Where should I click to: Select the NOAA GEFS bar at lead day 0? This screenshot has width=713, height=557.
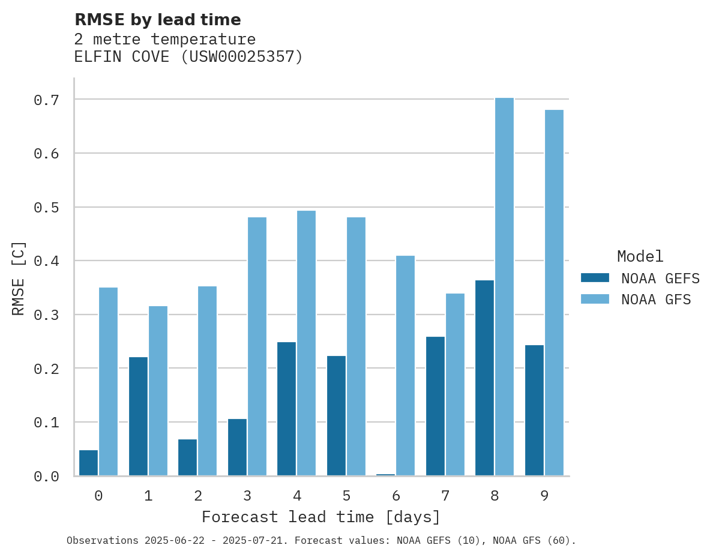coord(88,463)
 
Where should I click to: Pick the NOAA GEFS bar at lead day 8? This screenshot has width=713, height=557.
coord(484,378)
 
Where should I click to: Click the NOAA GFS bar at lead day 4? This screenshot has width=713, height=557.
coord(306,343)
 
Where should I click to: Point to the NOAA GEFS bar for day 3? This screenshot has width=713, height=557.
coord(237,447)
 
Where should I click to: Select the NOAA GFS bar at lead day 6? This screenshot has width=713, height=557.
coord(405,366)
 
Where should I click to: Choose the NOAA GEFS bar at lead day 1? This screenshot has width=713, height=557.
coord(138,417)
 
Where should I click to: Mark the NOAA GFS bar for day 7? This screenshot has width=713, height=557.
coord(454,385)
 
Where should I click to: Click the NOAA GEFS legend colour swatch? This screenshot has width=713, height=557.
coord(595,278)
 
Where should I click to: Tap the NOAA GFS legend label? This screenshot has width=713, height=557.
coord(656,300)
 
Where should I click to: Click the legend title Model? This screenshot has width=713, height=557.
coord(640,257)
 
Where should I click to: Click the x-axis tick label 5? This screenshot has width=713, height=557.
coord(346,496)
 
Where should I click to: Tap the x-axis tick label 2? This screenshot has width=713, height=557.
coord(197,496)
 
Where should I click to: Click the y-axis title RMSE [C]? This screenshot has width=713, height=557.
coord(19,278)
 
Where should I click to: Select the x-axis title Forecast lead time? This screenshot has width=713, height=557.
coord(321,517)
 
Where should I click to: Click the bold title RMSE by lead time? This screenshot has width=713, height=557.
coord(157,20)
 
